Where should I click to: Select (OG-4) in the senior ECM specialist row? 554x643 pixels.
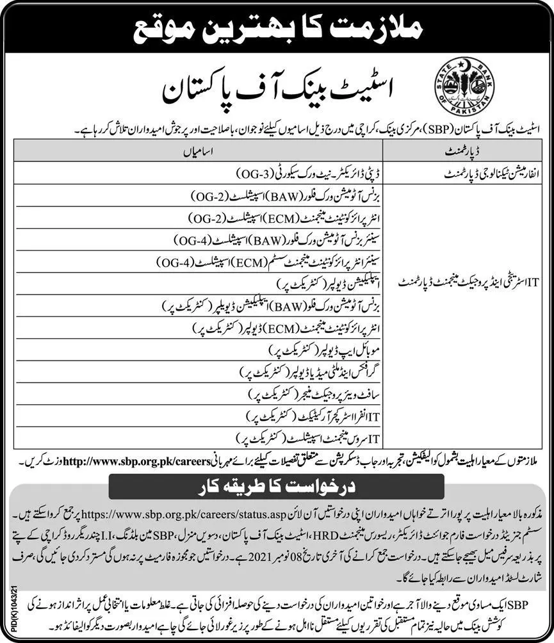(177, 262)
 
